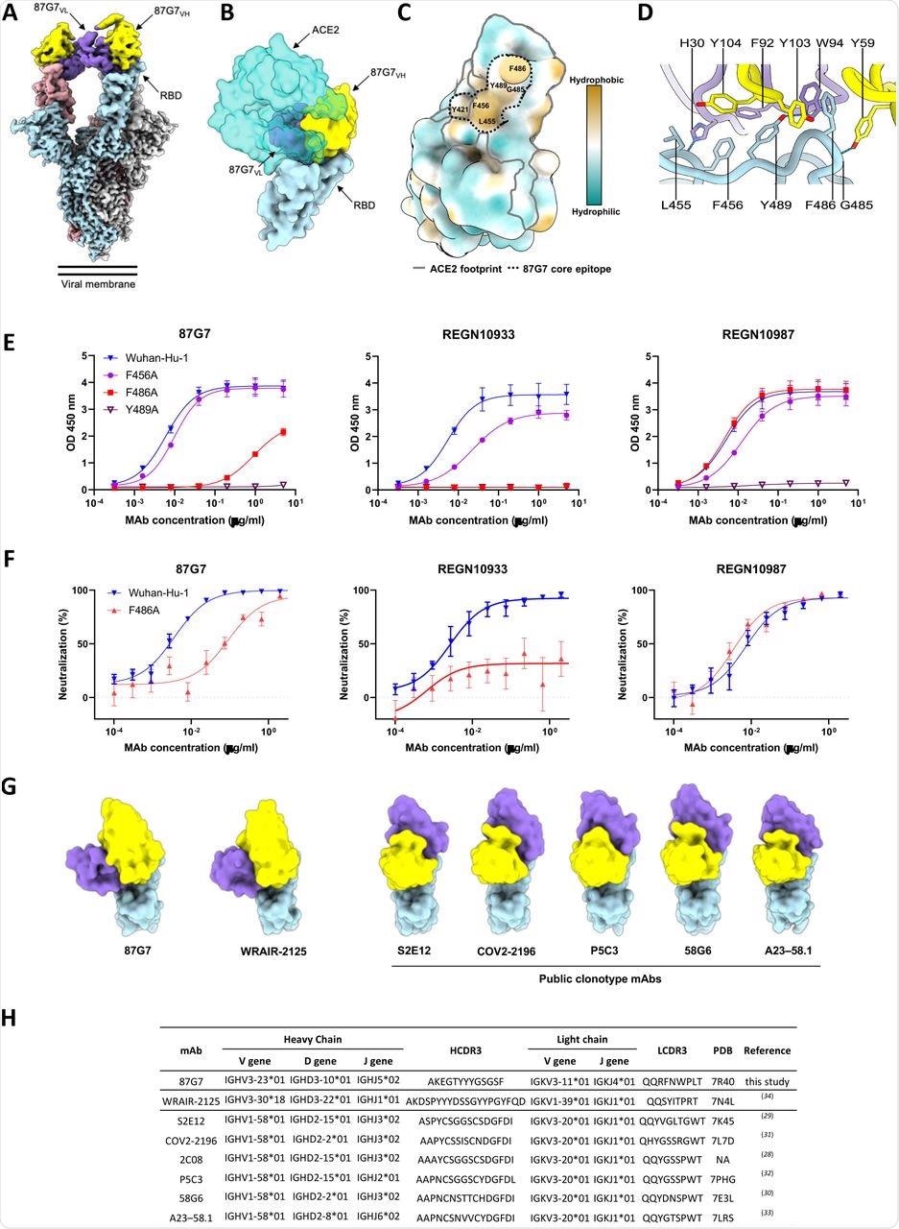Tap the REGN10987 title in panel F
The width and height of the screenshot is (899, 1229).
(748, 566)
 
